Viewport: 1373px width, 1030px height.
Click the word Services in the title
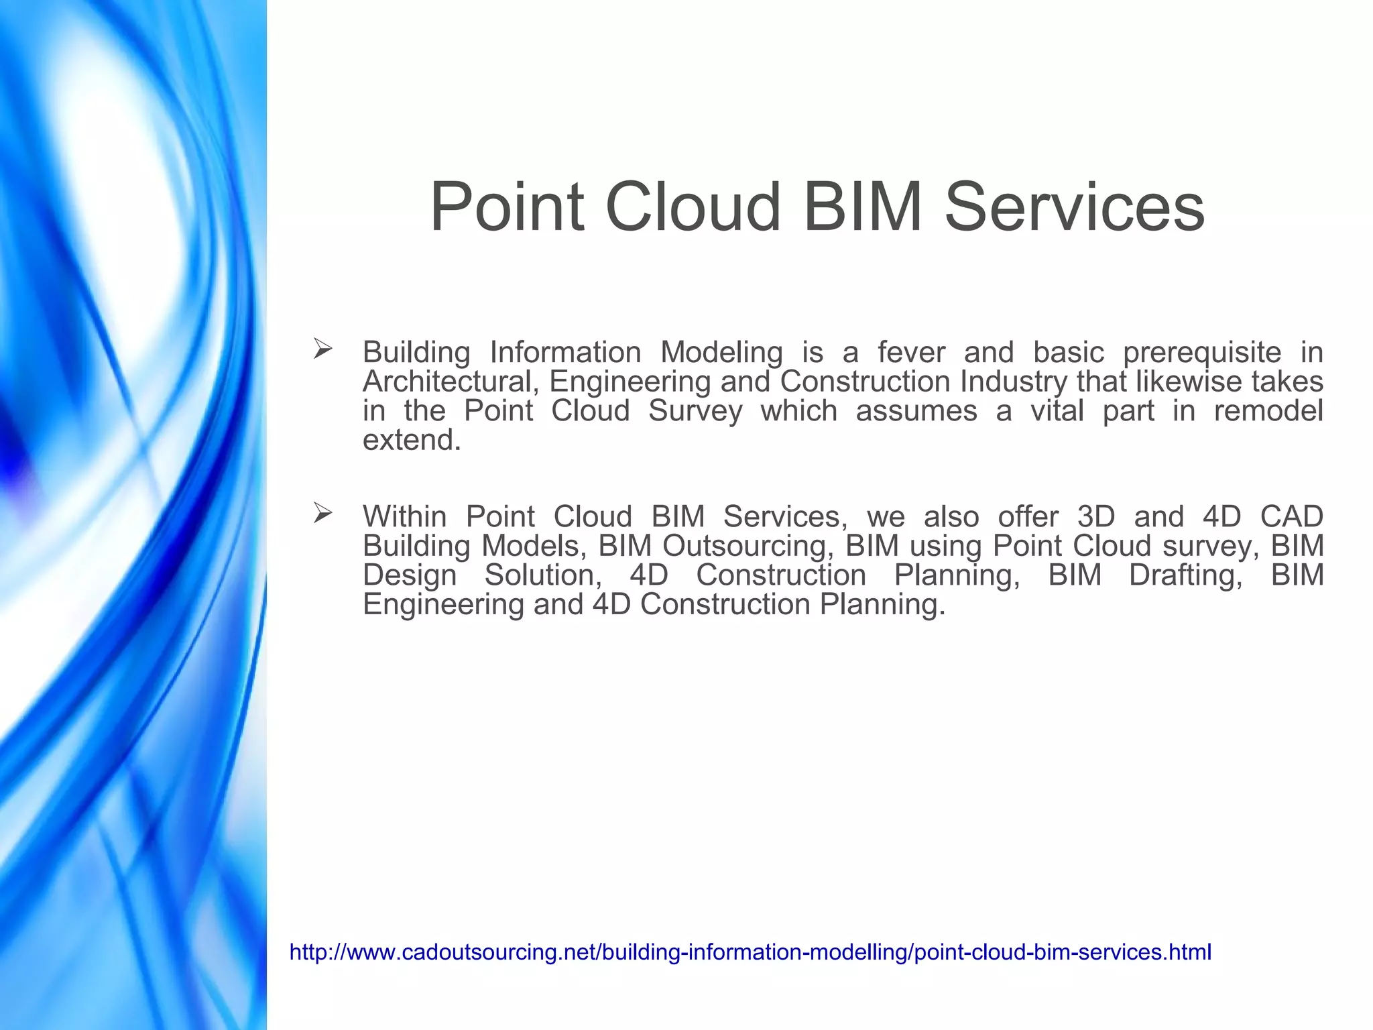pyautogui.click(x=1075, y=207)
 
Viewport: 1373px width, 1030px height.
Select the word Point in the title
pyautogui.click(x=508, y=207)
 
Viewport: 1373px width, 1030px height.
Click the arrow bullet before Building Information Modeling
pyautogui.click(x=322, y=349)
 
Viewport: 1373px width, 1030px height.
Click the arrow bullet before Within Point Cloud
pyautogui.click(x=322, y=514)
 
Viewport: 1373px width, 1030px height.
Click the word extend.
pyautogui.click(x=411, y=441)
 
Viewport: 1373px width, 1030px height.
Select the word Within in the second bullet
pyautogui.click(x=405, y=517)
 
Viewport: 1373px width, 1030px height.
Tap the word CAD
pyautogui.click(x=1291, y=517)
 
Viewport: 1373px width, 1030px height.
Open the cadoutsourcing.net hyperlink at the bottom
pyautogui.click(x=750, y=952)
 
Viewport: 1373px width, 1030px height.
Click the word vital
pyautogui.click(x=1057, y=411)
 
